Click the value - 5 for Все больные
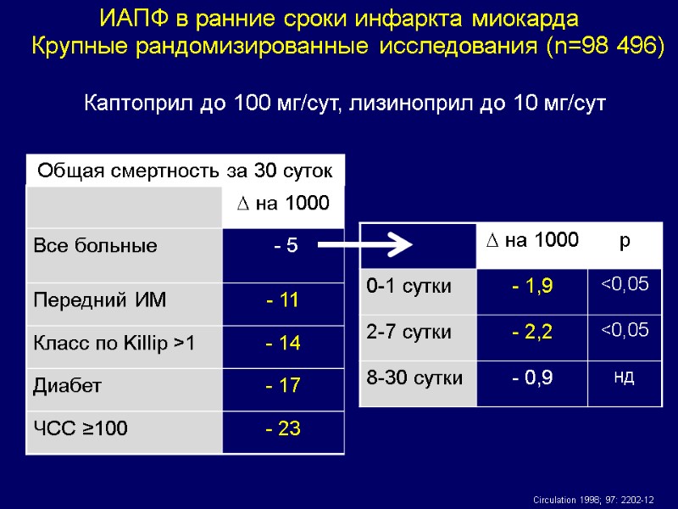coord(285,247)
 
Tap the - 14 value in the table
coord(283,343)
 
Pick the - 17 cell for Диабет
coord(283,386)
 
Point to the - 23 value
coord(283,429)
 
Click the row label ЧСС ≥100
coord(81,429)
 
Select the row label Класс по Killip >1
coord(113,343)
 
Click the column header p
coord(625,241)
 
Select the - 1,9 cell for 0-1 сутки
coord(532,287)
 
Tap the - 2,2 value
coord(532,332)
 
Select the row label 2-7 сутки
coord(409,332)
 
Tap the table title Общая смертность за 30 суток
coord(185,170)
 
